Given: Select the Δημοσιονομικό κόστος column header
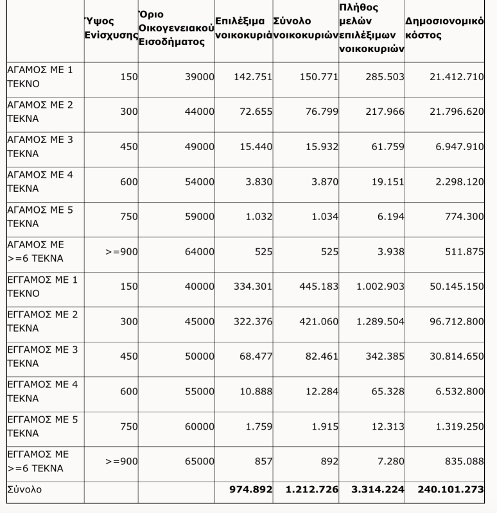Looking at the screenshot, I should click(x=444, y=29).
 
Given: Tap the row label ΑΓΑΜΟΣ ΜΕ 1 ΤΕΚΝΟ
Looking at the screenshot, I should click(x=39, y=77).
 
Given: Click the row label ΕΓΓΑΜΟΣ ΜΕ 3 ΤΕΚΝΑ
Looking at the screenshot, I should click(x=39, y=357).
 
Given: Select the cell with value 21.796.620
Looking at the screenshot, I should click(x=456, y=112).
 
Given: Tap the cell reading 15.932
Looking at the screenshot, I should click(x=320, y=147).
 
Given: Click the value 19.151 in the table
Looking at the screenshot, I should click(x=387, y=182).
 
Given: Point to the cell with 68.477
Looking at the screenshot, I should click(x=256, y=357).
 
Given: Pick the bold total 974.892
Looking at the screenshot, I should click(x=251, y=489).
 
